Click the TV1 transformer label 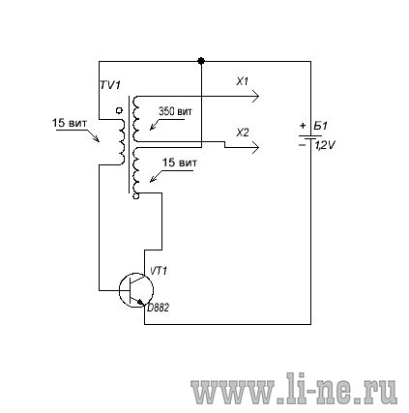point(110,85)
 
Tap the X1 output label point(242,81)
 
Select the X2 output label point(243,133)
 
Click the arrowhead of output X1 point(255,97)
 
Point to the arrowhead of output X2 point(255,147)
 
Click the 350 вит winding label point(175,111)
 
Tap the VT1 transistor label point(159,271)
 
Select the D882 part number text point(158,308)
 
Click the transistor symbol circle point(119,290)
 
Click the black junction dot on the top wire point(201,61)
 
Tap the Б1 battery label point(320,126)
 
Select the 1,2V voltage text point(325,146)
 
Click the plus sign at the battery point(303,126)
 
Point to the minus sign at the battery point(302,145)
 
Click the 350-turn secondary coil point(135,119)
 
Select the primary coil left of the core point(122,142)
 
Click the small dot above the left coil point(119,110)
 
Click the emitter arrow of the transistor point(140,302)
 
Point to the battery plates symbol point(309,137)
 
